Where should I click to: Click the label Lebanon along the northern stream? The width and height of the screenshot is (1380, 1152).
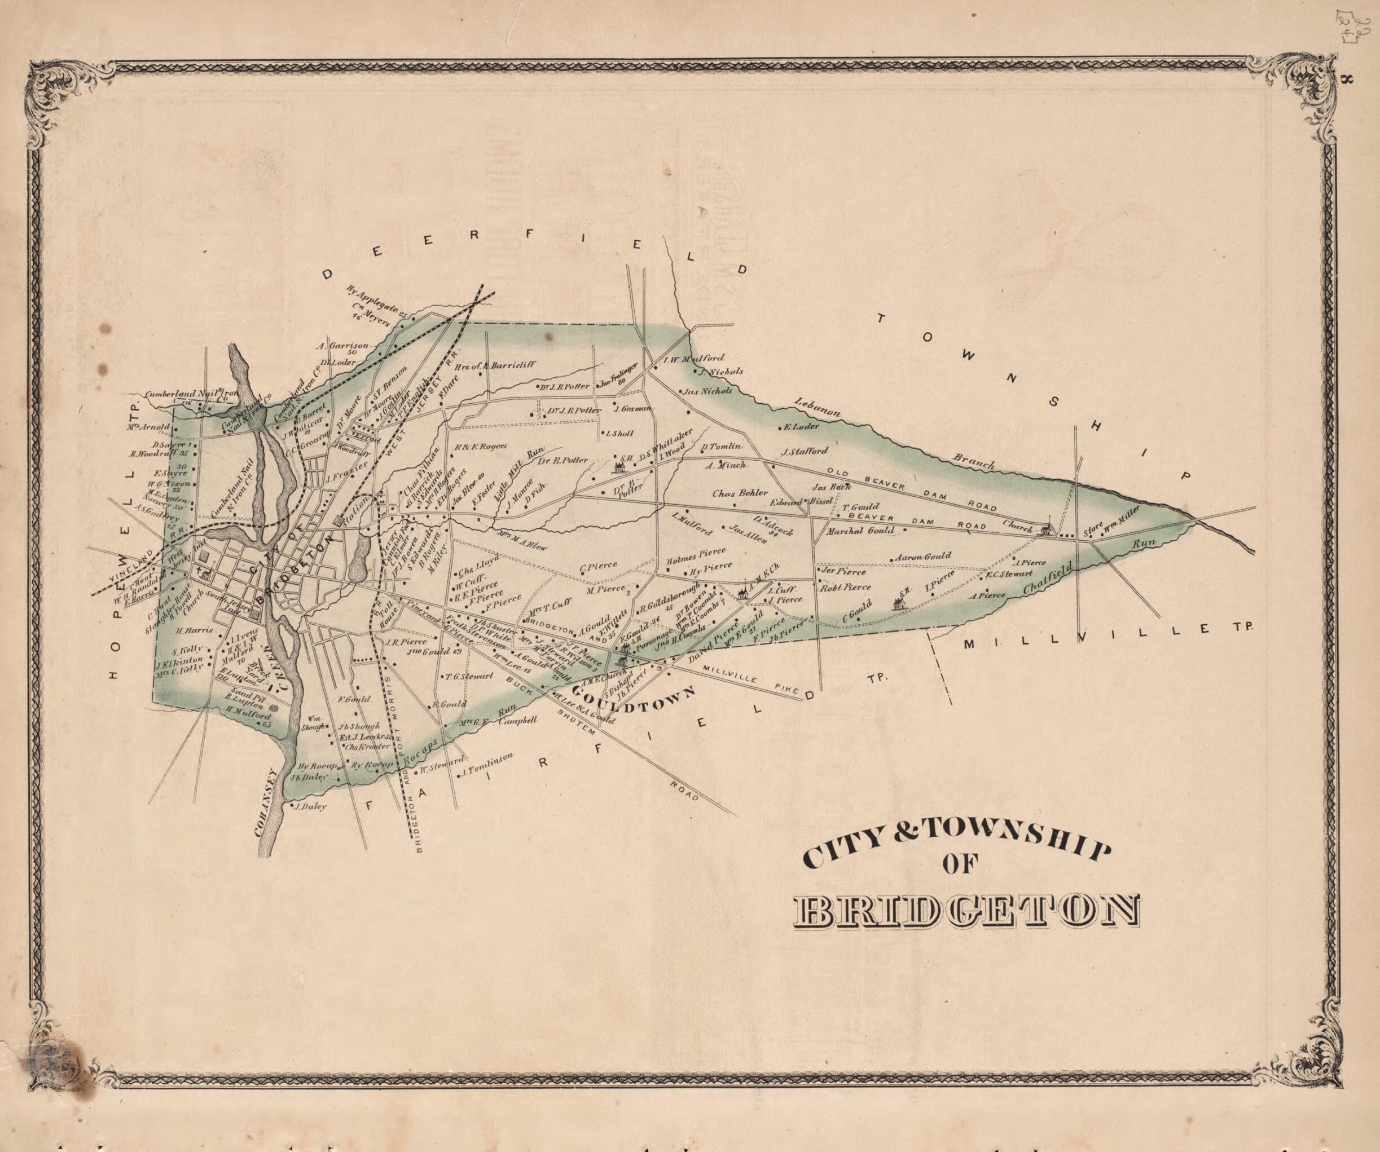pos(817,408)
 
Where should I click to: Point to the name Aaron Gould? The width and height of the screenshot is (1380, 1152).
pos(923,557)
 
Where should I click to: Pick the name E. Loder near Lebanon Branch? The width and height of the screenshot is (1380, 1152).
pos(801,426)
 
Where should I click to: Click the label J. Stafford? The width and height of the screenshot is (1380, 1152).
pos(805,451)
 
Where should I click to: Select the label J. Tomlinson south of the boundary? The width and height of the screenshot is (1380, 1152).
pos(487,765)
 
